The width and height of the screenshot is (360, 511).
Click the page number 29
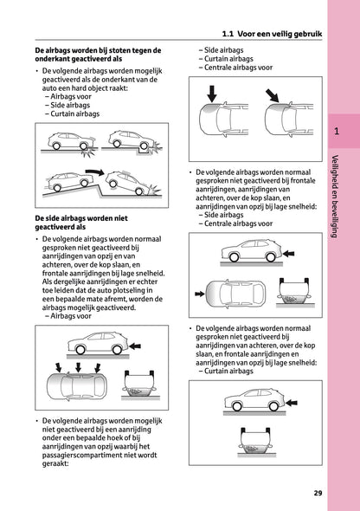coord(318,494)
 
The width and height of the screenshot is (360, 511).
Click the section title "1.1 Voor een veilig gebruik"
coord(271,34)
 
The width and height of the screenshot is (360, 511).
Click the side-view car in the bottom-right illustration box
coord(254,405)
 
